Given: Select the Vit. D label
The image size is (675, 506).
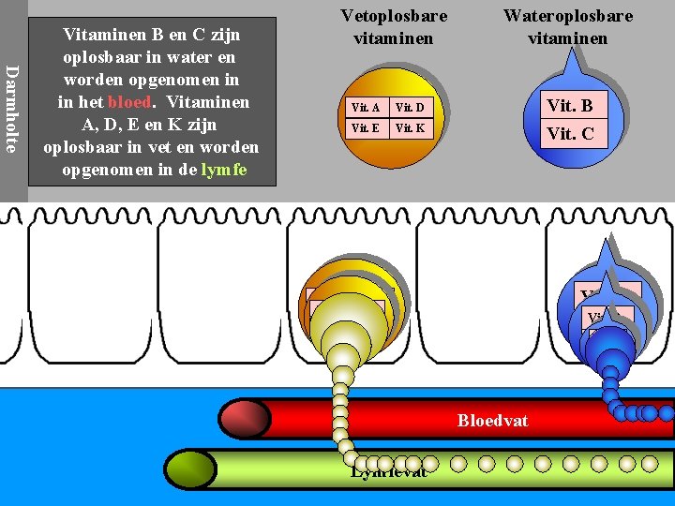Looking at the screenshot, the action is (410, 108).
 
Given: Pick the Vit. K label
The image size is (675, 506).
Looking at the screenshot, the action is (410, 127).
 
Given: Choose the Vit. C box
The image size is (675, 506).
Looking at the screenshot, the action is (571, 133).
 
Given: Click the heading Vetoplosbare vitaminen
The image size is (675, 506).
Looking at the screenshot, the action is (394, 27).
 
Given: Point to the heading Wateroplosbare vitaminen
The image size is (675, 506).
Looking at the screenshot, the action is (567, 27).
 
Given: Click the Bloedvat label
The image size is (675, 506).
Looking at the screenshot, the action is (492, 421).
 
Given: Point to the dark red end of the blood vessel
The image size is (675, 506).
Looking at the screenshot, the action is (245, 419).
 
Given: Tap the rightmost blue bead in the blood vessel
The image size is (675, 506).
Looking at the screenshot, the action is (666, 413).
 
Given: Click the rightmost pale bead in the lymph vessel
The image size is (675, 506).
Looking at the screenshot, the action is (649, 463).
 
